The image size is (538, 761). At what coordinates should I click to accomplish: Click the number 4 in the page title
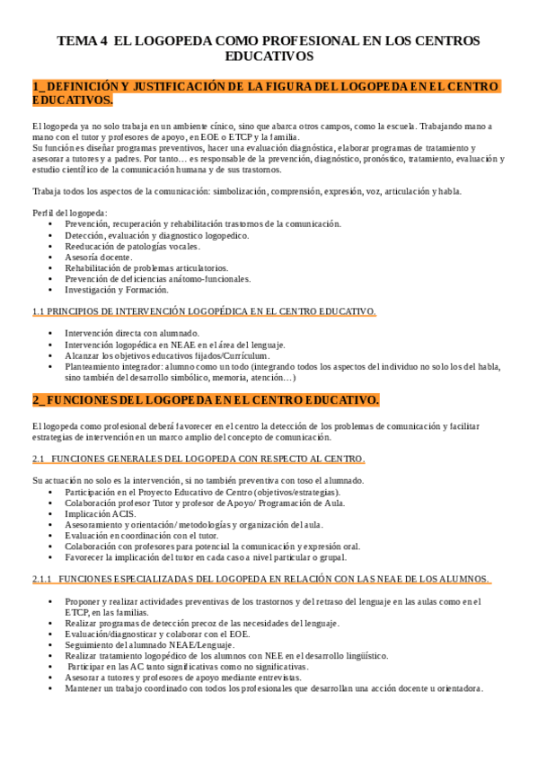pyautogui.click(x=103, y=40)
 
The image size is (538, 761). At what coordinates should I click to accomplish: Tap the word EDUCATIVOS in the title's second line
pyautogui.click(x=269, y=56)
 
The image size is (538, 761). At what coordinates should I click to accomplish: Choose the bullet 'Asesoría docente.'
pyautogui.click(x=98, y=257)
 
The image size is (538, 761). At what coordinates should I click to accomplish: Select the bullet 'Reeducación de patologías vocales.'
pyautogui.click(x=132, y=246)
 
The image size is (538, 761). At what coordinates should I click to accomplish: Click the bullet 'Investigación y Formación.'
pyautogui.click(x=116, y=290)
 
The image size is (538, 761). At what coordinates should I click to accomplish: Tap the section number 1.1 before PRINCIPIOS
pyautogui.click(x=39, y=311)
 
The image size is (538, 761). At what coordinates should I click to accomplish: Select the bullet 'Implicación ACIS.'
pyautogui.click(x=100, y=514)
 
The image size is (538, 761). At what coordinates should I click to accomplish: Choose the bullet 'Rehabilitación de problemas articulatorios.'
pyautogui.click(x=146, y=267)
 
